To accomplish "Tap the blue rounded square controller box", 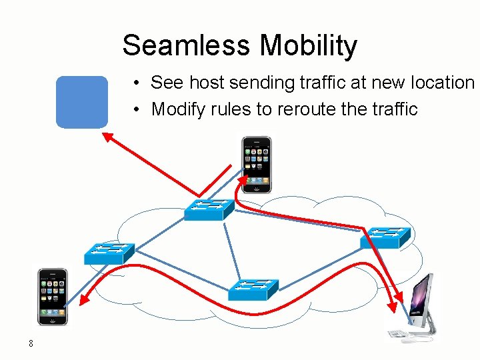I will (x=81, y=101).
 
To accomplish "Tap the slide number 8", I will (x=31, y=343).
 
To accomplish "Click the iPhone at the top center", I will (x=257, y=164).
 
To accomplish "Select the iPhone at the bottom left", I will (x=53, y=296).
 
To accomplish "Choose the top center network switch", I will (x=209, y=209).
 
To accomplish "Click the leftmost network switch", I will (x=109, y=253).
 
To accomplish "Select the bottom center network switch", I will (x=253, y=288).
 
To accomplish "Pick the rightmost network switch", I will (x=386, y=237).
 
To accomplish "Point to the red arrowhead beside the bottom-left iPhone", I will (x=83, y=301).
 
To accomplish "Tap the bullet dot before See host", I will (x=135, y=83).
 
